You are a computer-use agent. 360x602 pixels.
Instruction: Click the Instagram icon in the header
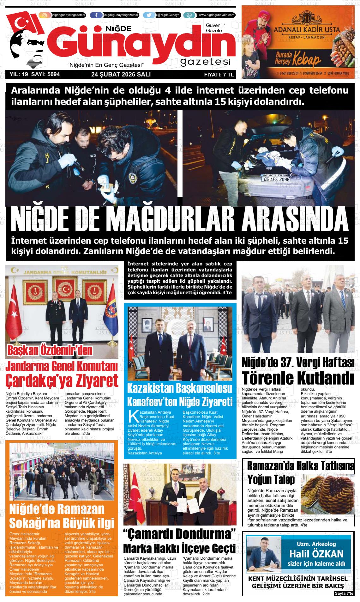click(45, 15)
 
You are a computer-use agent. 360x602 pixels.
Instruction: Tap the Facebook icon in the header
click(96, 15)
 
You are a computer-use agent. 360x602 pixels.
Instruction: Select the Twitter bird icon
click(149, 15)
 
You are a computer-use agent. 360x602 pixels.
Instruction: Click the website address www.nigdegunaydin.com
click(217, 15)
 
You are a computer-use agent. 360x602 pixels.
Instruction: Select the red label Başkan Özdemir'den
click(50, 350)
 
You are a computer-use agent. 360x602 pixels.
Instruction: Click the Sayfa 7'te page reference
click(344, 594)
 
